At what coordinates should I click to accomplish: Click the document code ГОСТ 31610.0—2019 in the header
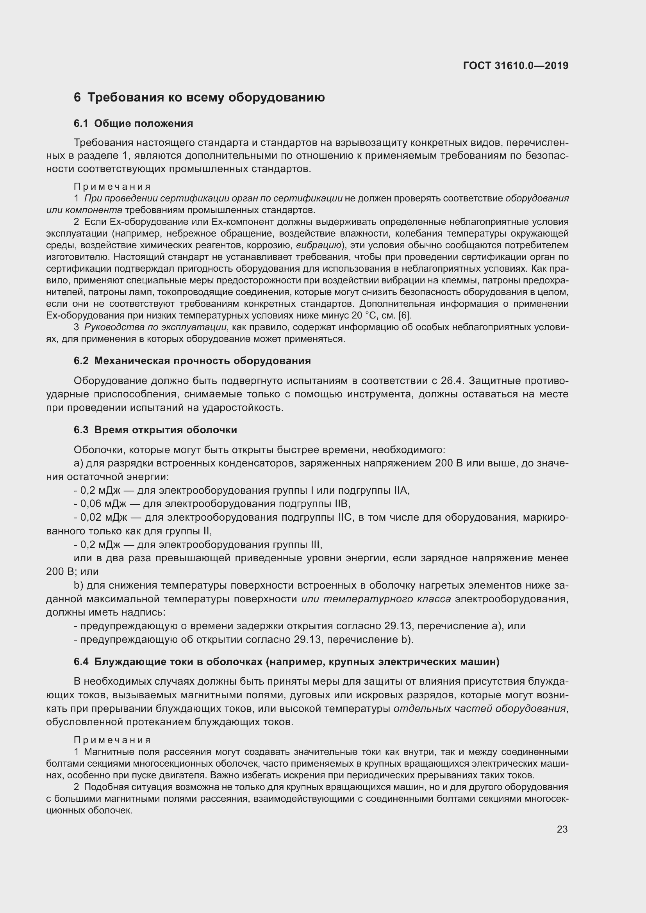click(516, 66)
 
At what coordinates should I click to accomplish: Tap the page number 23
click(562, 829)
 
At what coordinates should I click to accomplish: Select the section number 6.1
click(80, 124)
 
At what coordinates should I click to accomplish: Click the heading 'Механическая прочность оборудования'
click(202, 361)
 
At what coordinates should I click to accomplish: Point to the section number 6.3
click(80, 430)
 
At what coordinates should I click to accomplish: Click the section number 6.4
click(80, 662)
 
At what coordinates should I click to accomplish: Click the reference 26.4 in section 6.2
click(452, 381)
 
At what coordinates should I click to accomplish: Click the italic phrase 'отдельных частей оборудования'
click(479, 708)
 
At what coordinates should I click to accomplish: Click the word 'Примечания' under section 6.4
click(112, 740)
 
